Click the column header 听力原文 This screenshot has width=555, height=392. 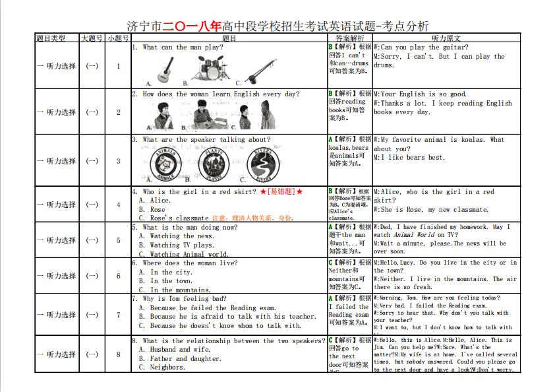click(446, 38)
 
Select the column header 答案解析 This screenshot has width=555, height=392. click(349, 38)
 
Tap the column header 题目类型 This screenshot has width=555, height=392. click(51, 38)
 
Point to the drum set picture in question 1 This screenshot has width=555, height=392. click(211, 68)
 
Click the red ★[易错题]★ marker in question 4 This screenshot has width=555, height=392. click(281, 191)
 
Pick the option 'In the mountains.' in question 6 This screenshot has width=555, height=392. click(177, 290)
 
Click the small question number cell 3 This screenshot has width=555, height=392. click(119, 161)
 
